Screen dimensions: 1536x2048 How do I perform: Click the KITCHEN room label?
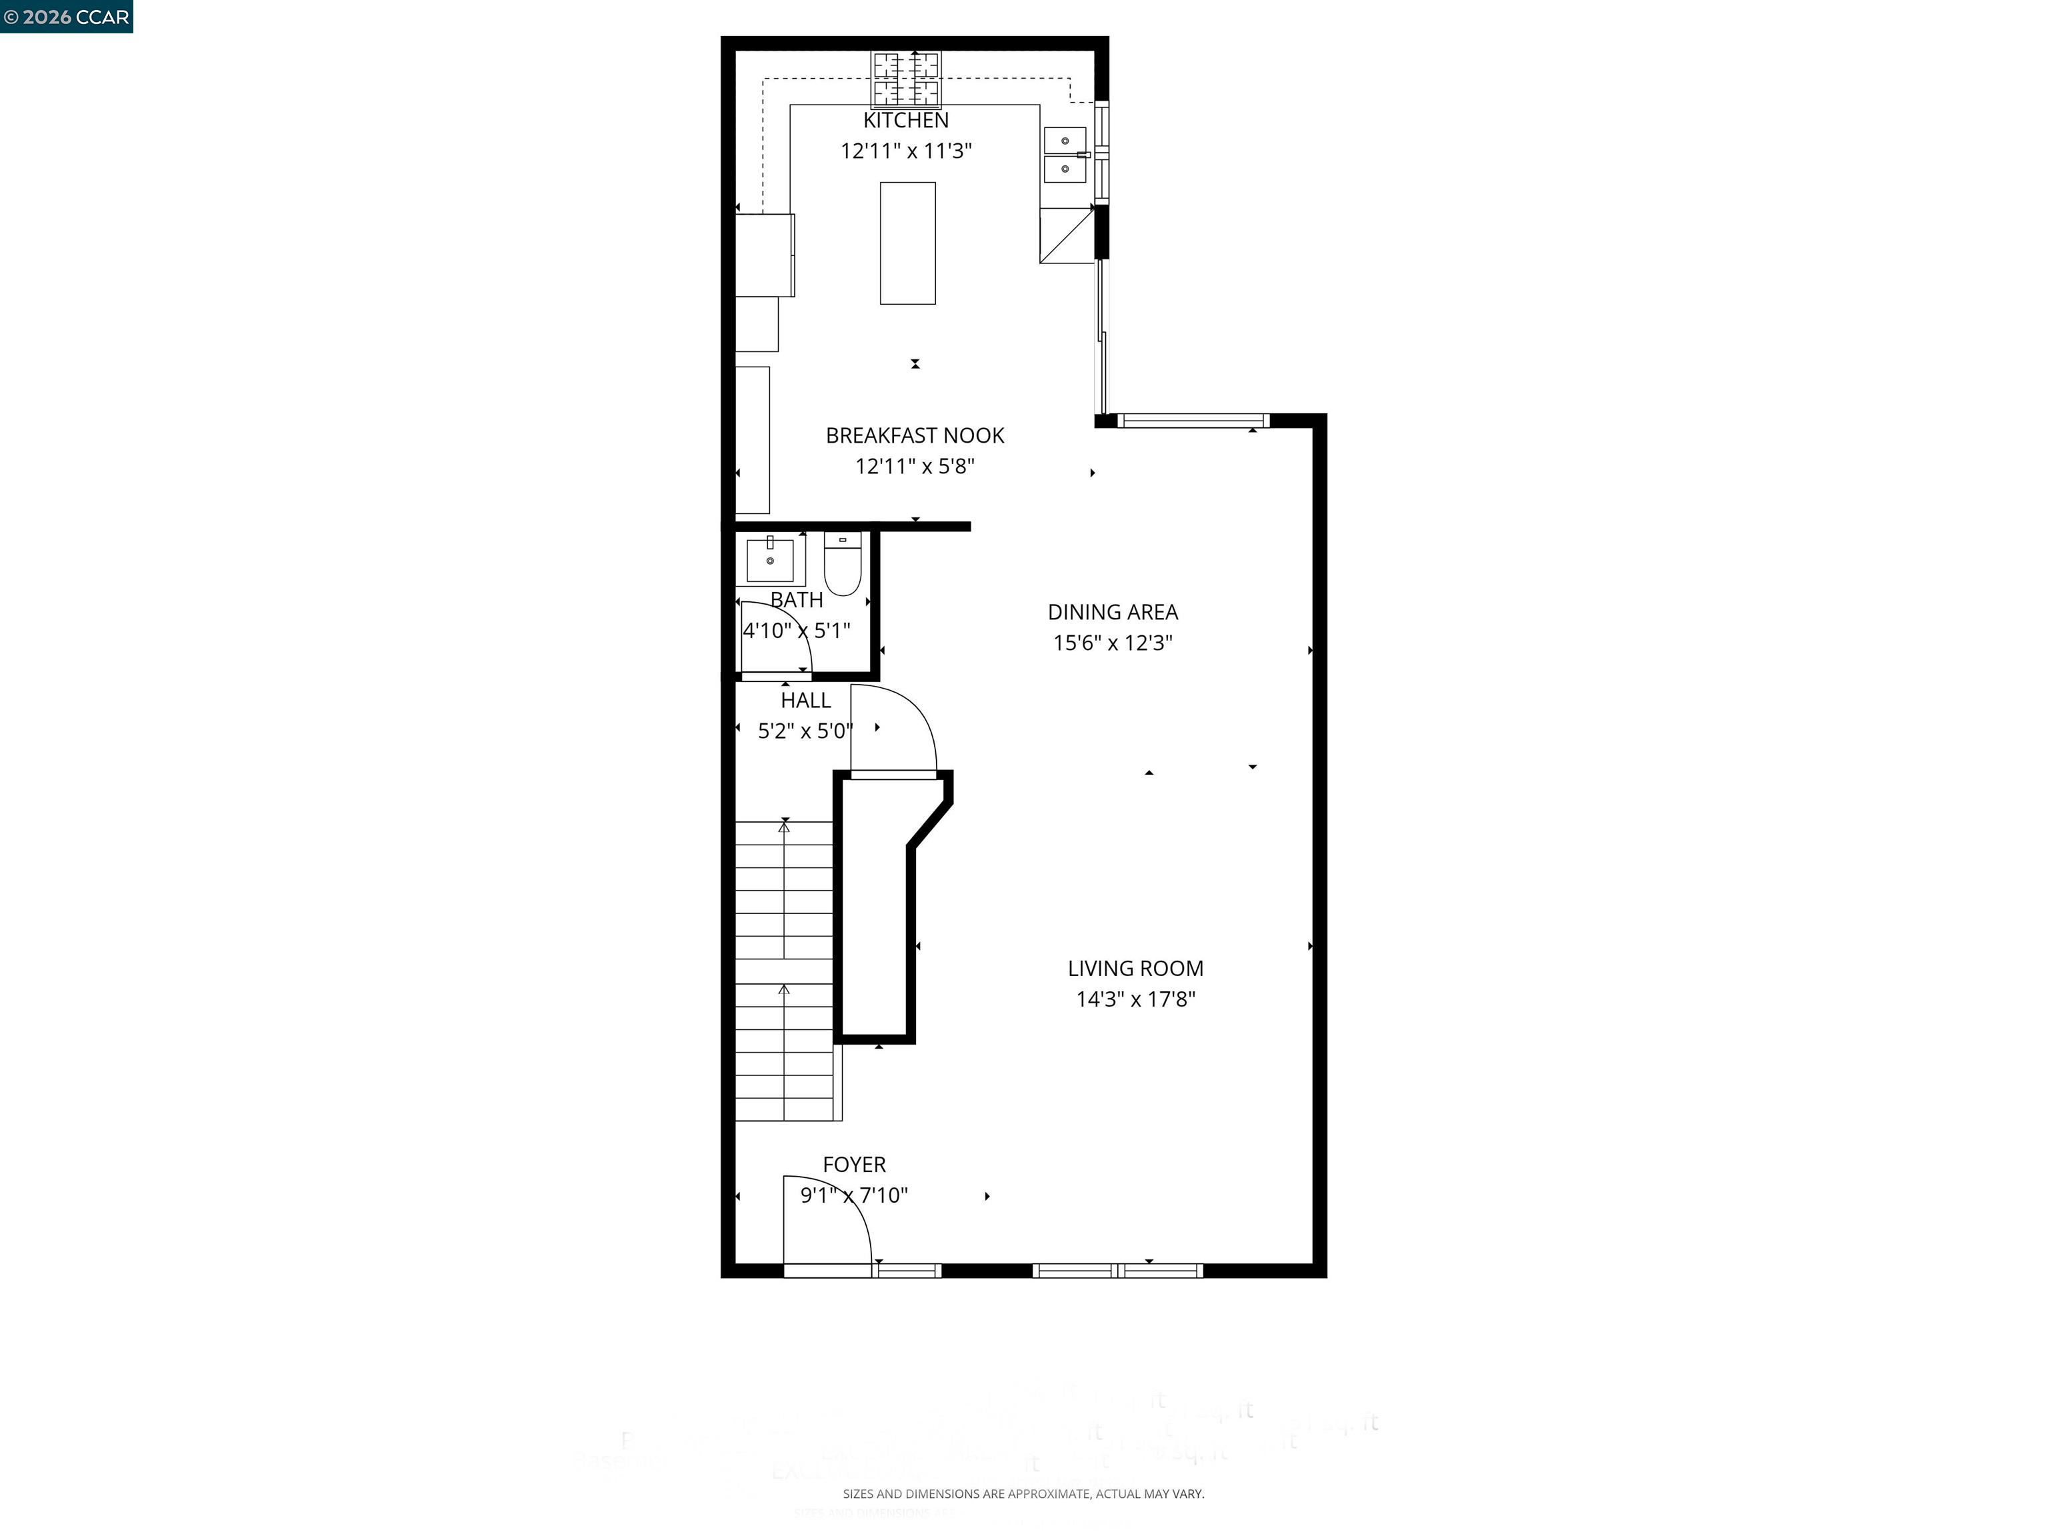click(905, 121)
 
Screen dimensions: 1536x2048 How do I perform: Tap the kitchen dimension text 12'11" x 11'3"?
click(905, 151)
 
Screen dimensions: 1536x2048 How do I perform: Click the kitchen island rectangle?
click(907, 243)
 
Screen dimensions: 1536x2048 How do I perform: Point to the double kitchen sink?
click(1065, 155)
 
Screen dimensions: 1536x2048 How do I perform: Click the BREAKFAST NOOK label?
click(915, 435)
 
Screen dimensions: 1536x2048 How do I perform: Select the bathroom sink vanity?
click(769, 559)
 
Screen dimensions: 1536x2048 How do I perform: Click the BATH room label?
click(796, 600)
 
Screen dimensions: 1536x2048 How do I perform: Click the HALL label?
click(805, 701)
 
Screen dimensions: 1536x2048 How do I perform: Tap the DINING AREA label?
click(1112, 612)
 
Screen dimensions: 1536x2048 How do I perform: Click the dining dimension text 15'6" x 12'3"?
click(1112, 643)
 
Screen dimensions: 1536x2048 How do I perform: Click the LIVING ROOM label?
click(1135, 969)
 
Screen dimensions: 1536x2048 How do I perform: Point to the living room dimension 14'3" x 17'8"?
click(1135, 999)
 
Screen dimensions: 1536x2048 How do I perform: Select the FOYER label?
click(853, 1165)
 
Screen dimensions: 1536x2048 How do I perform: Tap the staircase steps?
click(784, 972)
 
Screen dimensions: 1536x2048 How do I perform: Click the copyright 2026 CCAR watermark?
click(67, 17)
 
